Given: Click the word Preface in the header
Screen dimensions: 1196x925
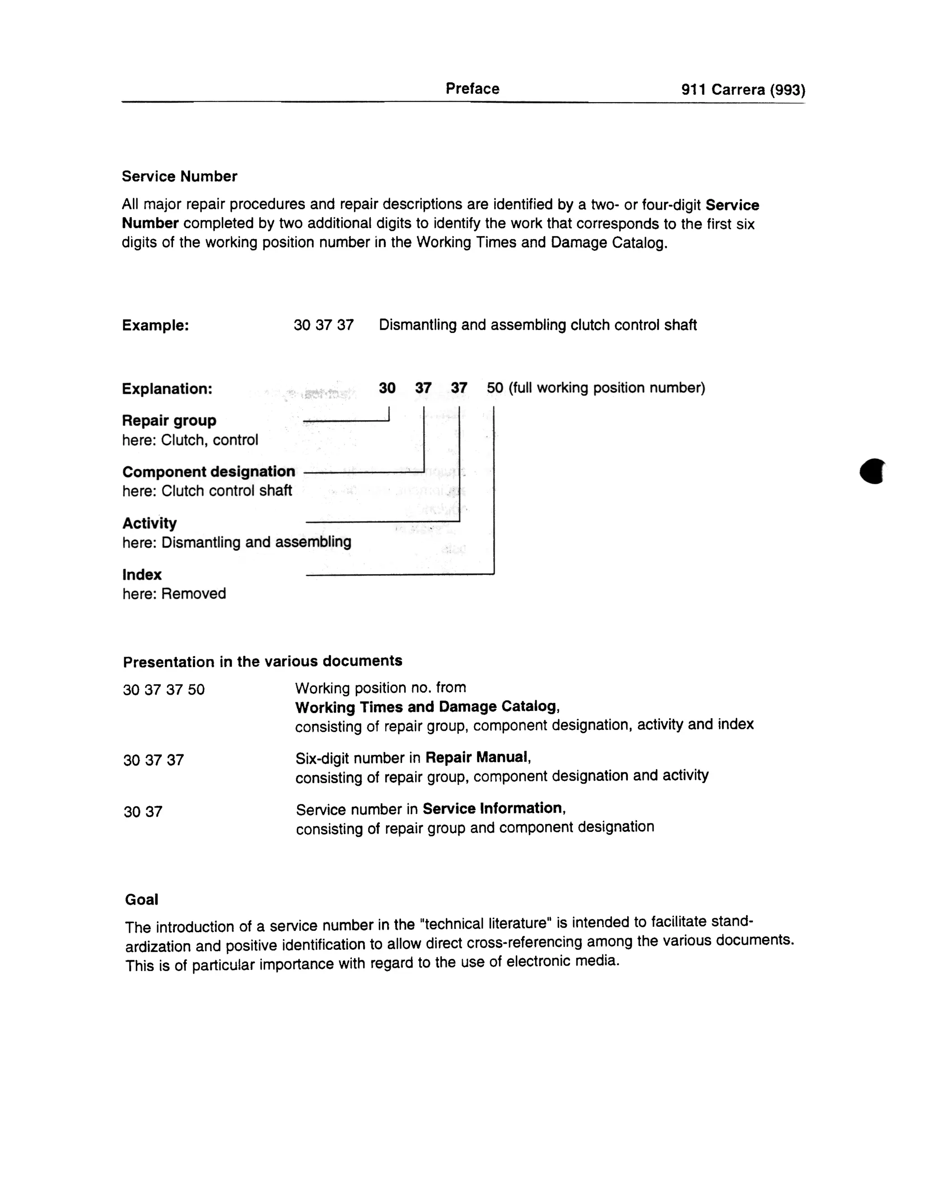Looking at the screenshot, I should tap(472, 89).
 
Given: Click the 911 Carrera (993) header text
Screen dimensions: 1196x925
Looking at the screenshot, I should tap(743, 90).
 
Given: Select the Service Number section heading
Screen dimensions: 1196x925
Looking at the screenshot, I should tap(179, 176).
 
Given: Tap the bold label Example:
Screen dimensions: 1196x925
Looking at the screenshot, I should tap(155, 325).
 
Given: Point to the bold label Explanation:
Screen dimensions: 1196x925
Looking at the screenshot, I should tap(167, 389).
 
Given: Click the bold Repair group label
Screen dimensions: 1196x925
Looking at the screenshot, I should tap(168, 420).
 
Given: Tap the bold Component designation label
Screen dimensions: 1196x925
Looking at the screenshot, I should tap(208, 472).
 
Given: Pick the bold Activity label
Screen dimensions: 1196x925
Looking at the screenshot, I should tap(149, 523).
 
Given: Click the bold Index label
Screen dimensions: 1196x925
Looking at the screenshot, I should tap(142, 575).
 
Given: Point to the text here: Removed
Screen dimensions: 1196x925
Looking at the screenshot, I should tap(173, 593).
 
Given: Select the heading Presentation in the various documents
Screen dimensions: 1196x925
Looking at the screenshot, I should tap(262, 662).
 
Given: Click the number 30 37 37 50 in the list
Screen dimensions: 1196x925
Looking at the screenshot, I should tap(164, 689).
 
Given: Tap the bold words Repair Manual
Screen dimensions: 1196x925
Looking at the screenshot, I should tap(477, 757).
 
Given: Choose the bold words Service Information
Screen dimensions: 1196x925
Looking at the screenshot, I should tap(493, 808).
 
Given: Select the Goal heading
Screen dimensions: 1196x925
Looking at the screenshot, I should tap(141, 900).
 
